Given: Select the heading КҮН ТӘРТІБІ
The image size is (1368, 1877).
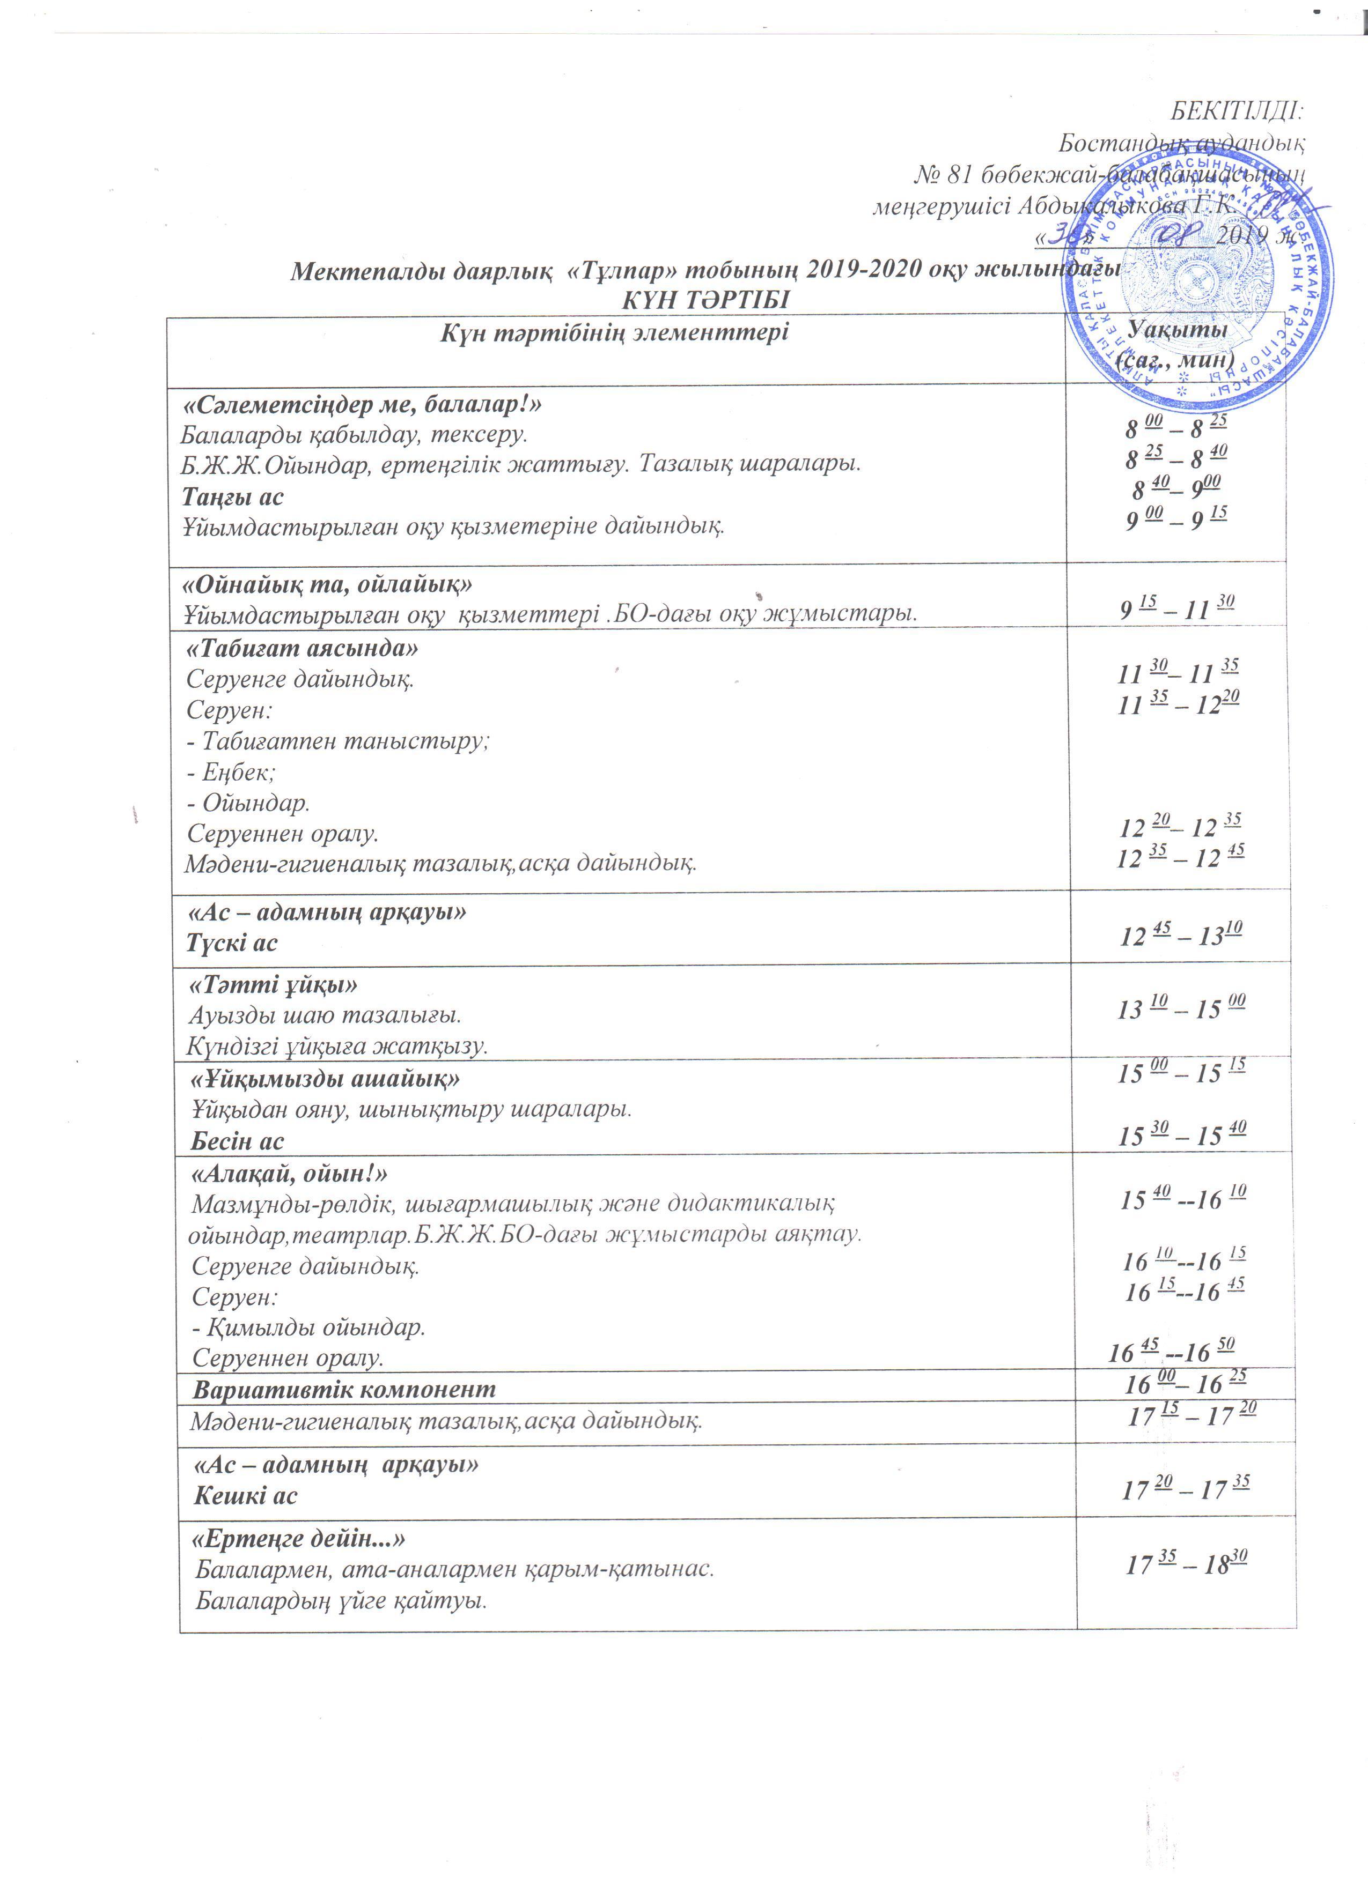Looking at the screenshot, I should coord(705,300).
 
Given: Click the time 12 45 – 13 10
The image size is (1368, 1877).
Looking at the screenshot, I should coord(1181,935).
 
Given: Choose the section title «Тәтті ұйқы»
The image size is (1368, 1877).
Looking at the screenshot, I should coord(273,985).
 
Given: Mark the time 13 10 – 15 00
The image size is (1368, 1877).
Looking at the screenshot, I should coord(1181,1008).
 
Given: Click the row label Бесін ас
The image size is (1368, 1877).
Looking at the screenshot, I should coord(238,1141).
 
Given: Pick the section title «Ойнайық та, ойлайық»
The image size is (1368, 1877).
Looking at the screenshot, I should coord(327,583).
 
